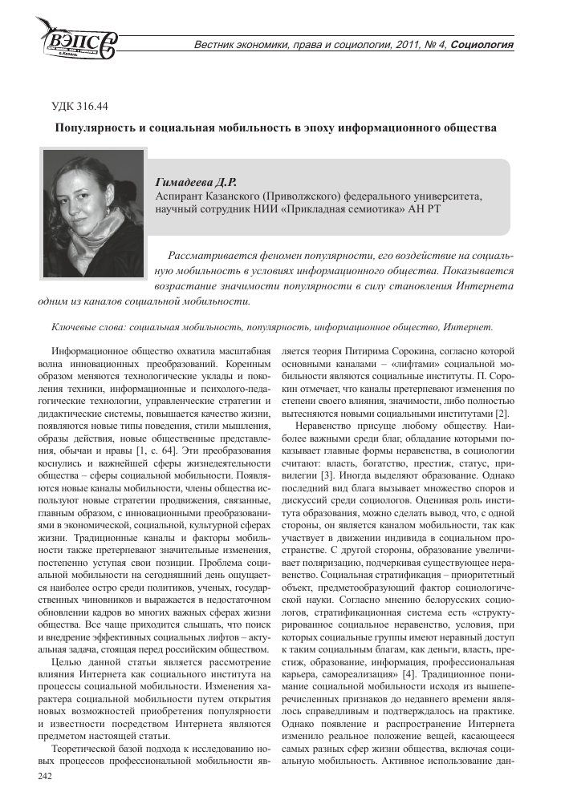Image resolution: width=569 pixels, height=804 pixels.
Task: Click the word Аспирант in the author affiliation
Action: pos(180,196)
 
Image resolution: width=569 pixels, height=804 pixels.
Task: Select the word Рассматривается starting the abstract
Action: pos(211,255)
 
